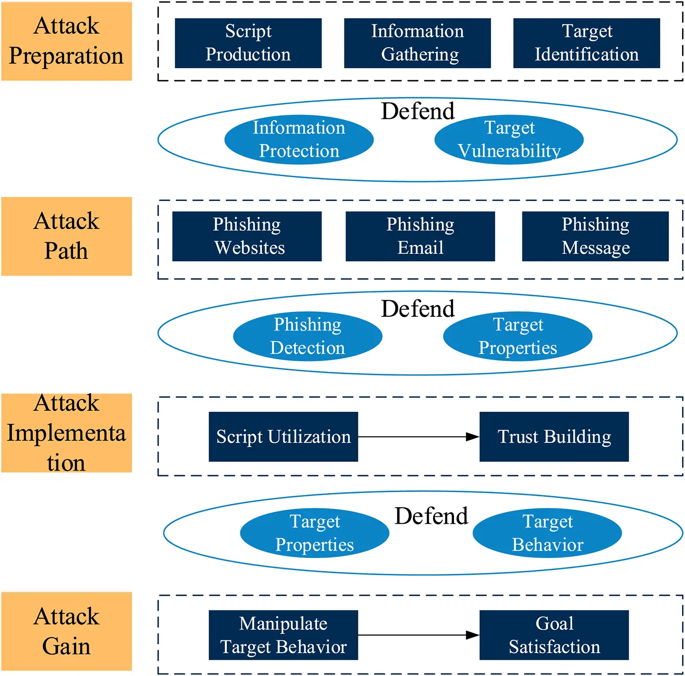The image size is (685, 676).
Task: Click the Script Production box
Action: [x=248, y=43]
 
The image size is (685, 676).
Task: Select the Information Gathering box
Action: [x=417, y=43]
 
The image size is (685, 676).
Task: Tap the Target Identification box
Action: [x=586, y=43]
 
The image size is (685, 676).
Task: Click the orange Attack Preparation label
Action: [x=67, y=41]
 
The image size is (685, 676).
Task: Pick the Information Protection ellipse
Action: [x=299, y=140]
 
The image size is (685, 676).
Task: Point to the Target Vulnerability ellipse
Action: [x=509, y=140]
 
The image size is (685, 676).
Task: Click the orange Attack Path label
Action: [x=67, y=236]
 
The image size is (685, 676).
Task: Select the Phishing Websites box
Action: [x=247, y=236]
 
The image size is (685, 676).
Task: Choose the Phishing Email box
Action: [x=420, y=236]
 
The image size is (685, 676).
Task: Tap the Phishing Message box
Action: [x=595, y=236]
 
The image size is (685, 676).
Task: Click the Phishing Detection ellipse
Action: [x=307, y=336]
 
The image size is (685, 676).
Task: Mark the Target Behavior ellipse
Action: [x=547, y=533]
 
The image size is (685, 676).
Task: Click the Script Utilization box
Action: [x=283, y=437]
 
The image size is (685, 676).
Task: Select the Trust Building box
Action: [x=554, y=437]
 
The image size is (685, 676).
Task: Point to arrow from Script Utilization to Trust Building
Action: [x=418, y=437]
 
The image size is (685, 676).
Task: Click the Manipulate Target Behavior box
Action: [x=283, y=635]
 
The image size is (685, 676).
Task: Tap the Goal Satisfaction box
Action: [x=554, y=635]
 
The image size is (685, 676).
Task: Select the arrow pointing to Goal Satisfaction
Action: [x=418, y=635]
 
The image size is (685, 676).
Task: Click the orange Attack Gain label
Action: [x=67, y=631]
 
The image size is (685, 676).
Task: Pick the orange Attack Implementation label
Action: [x=67, y=433]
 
